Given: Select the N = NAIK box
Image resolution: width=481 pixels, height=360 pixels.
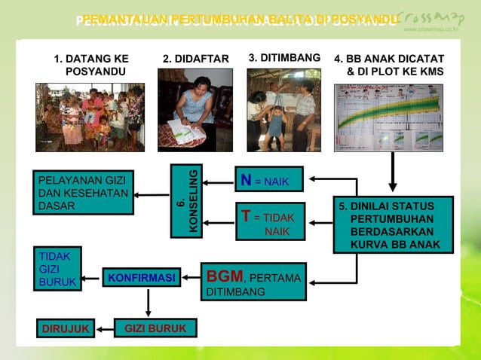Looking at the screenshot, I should (268, 180).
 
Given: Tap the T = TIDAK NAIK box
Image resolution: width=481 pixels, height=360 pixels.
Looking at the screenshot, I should (270, 221).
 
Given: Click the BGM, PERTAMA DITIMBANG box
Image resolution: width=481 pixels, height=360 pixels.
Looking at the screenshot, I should (253, 282).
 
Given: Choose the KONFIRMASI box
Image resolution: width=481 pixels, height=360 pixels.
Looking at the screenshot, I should (141, 278).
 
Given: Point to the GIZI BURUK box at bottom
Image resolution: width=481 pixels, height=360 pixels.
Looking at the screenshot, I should (155, 328).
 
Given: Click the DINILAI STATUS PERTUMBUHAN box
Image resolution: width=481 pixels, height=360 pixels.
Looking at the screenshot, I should (393, 224).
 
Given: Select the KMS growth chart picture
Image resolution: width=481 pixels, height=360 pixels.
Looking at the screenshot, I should (388, 117).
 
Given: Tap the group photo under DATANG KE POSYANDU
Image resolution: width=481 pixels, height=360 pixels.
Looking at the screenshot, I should (90, 117).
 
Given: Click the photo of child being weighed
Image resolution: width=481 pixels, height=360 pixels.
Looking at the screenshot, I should (284, 111).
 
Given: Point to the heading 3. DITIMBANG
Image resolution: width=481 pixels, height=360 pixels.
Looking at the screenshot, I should (284, 58).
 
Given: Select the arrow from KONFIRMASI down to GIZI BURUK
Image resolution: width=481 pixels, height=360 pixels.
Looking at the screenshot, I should (148, 303).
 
